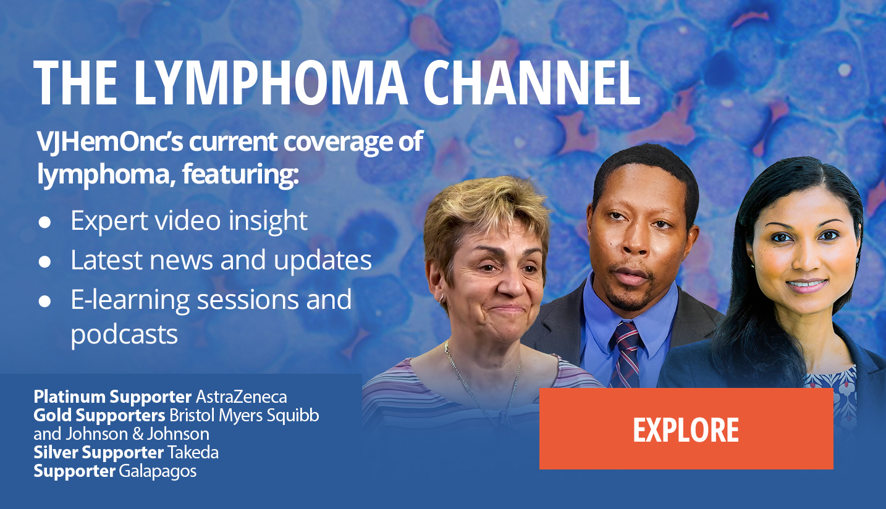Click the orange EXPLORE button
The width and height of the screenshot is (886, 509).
pos(686,429)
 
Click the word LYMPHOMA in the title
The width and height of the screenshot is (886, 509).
pos(271,83)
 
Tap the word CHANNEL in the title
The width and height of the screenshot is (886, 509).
pos(532,83)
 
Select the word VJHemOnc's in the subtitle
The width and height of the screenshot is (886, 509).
pos(109,141)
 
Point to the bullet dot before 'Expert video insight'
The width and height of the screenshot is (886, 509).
pos(44,222)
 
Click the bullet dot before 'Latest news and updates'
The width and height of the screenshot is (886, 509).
pos(44,262)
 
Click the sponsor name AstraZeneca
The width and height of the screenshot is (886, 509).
pos(242,397)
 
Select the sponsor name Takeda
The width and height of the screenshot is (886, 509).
pos(193,452)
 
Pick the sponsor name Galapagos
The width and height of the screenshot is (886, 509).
pos(158,471)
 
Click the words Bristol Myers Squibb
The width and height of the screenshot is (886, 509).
pos(244,416)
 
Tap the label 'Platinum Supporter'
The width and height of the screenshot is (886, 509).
pos(112,397)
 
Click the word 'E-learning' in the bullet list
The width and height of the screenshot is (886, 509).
pos(130,300)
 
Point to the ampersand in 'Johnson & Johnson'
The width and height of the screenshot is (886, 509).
pos(138,434)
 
